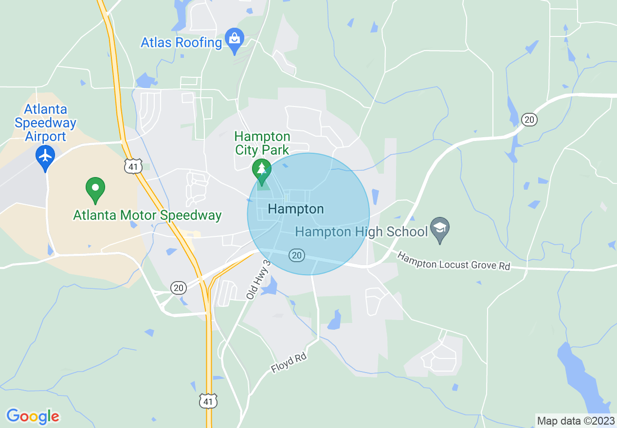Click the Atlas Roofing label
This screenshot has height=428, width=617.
pyautogui.click(x=181, y=42)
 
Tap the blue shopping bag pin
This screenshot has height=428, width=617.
pyautogui.click(x=235, y=38)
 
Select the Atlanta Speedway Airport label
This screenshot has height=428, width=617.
pyautogui.click(x=45, y=123)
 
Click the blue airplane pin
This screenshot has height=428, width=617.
pyautogui.click(x=46, y=156)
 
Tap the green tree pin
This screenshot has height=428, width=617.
pyautogui.click(x=262, y=171)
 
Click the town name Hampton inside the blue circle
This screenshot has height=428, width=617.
pyautogui.click(x=296, y=209)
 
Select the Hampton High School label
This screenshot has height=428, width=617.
pyautogui.click(x=362, y=232)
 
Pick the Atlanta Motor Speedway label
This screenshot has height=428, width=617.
pyautogui.click(x=147, y=215)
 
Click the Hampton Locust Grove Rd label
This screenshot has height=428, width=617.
pyautogui.click(x=454, y=261)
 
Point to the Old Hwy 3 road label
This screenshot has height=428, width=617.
pyautogui.click(x=258, y=279)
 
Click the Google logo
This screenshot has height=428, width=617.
pyautogui.click(x=33, y=416)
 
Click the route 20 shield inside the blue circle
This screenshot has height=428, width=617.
pyautogui.click(x=296, y=255)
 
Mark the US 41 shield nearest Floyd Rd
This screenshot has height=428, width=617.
pyautogui.click(x=208, y=401)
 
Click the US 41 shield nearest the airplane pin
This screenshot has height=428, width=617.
pyautogui.click(x=132, y=166)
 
